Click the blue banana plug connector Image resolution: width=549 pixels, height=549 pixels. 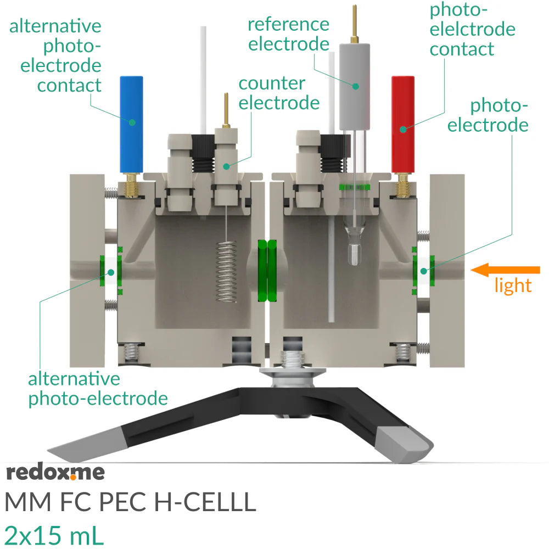coord(132,124)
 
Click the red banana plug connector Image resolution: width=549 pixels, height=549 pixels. coord(403,124)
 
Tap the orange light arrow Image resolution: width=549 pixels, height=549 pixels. coord(506,270)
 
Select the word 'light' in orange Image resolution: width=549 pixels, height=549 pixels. coord(513,285)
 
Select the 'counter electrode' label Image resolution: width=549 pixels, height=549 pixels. coord(278,93)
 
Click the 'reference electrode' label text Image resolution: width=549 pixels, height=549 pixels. coord(289,33)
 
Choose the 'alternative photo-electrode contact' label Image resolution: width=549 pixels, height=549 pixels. coord(55,55)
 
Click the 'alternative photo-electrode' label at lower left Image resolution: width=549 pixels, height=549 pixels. coord(97,388)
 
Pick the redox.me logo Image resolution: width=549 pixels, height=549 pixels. coord(55,472)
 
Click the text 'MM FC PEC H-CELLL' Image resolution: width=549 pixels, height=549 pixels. coord(130,502)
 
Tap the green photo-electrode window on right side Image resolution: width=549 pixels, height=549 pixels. coord(423,270)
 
